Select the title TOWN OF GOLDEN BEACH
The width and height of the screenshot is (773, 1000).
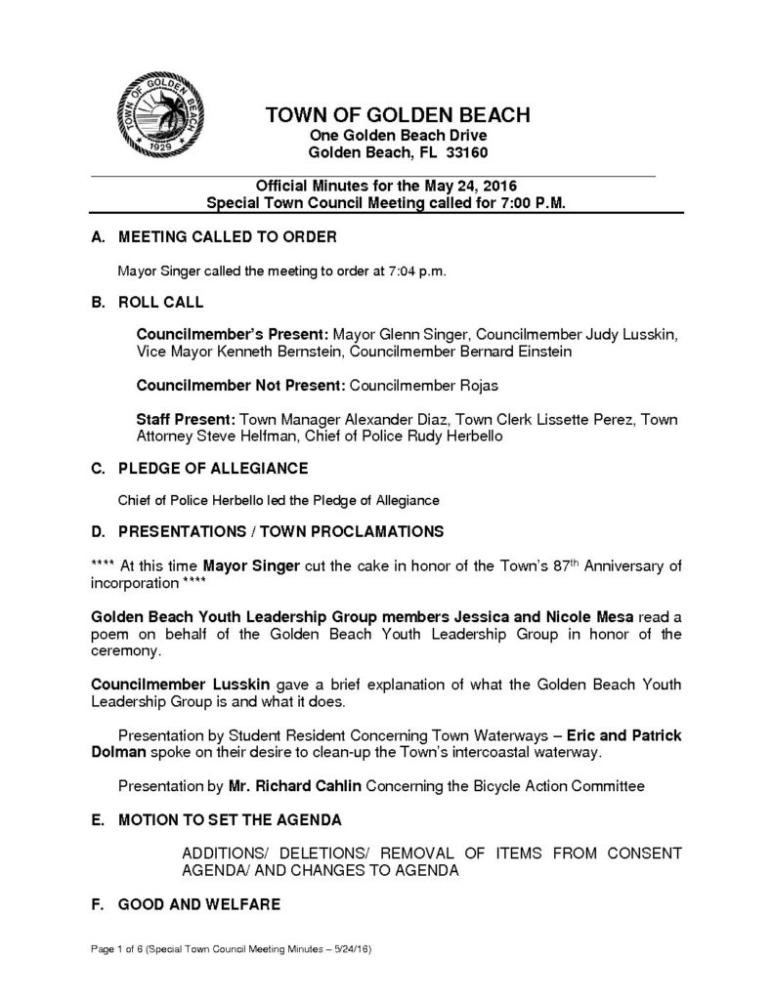tap(398, 116)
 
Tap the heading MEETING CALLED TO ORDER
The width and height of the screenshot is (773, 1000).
tap(227, 238)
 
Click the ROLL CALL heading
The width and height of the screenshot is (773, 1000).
tap(161, 303)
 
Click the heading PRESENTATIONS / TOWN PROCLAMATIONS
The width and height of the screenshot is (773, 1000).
tap(280, 532)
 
